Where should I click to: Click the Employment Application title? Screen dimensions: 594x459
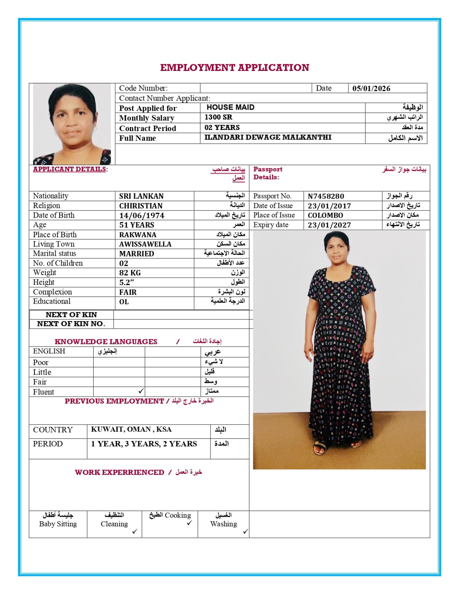tap(234, 68)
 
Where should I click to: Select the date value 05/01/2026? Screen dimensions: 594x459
tap(371, 88)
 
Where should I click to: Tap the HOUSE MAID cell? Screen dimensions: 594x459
tap(230, 107)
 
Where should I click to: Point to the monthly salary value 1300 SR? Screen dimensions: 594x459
tap(218, 117)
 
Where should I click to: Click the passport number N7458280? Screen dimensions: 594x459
tap(326, 196)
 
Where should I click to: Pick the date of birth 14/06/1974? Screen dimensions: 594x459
tap(141, 215)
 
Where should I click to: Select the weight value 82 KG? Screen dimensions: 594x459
tap(130, 273)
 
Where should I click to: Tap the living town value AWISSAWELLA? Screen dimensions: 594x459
tap(145, 244)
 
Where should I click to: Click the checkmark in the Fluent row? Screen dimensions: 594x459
tap(141, 391)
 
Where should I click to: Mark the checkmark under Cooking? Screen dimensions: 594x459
tap(189, 523)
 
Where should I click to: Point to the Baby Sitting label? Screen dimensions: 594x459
tap(58, 524)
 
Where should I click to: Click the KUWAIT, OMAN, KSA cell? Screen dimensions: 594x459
tap(131, 430)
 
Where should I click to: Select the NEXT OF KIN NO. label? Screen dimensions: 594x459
tap(71, 324)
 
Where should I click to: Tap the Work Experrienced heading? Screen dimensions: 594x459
tap(119, 472)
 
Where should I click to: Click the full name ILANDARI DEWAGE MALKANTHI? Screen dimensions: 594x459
tap(268, 137)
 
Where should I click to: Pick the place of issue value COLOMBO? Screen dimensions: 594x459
tap(325, 215)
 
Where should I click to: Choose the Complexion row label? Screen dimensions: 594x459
tap(52, 292)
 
